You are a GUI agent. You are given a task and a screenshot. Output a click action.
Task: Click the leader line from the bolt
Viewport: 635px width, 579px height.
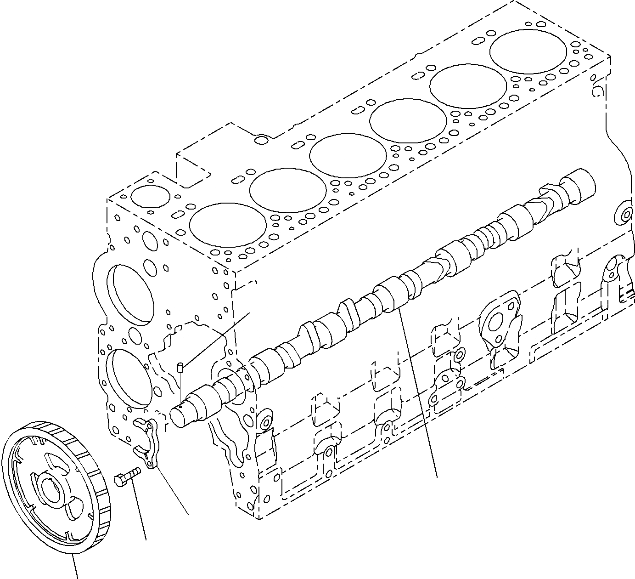[x=140, y=510]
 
